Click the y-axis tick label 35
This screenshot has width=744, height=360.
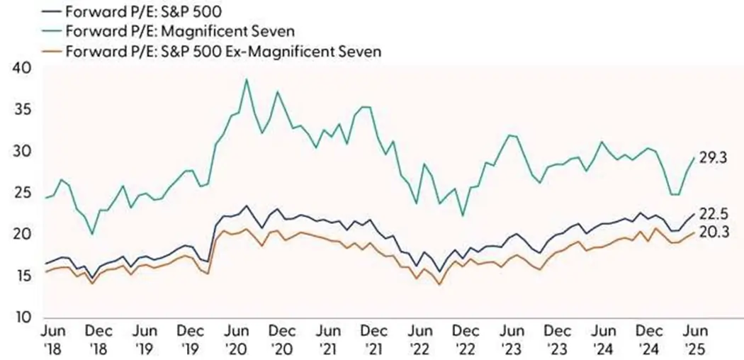click(x=23, y=111)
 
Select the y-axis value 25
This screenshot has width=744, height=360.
click(x=23, y=193)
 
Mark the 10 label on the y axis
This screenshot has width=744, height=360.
click(x=23, y=317)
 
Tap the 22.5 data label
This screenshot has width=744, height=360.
click(x=714, y=212)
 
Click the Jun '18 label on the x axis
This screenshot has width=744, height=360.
click(x=55, y=338)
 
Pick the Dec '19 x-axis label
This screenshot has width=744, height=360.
click(x=190, y=338)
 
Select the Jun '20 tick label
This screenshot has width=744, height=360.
click(x=236, y=338)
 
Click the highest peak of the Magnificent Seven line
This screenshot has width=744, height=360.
click(x=246, y=80)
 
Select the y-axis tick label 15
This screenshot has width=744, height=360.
click(x=23, y=276)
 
